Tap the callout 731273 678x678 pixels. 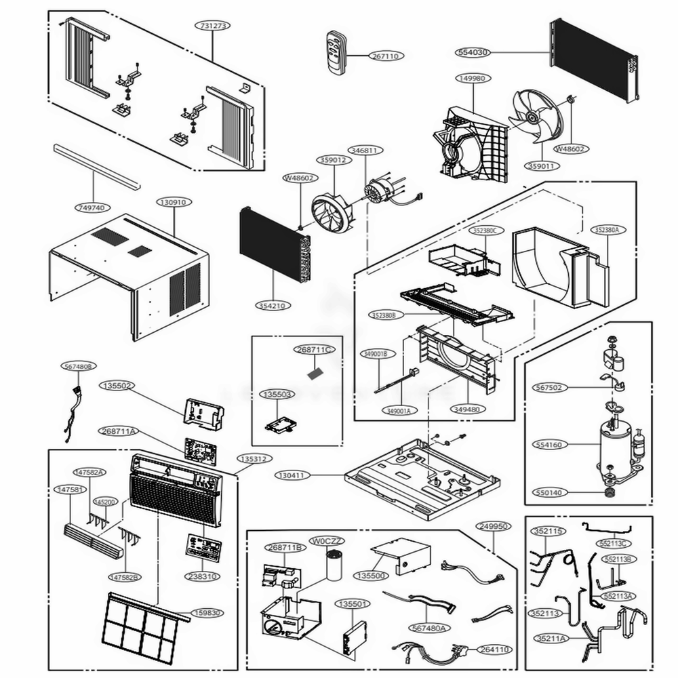213,26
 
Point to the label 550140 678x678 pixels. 548,493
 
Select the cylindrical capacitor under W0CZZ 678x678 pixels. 335,565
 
